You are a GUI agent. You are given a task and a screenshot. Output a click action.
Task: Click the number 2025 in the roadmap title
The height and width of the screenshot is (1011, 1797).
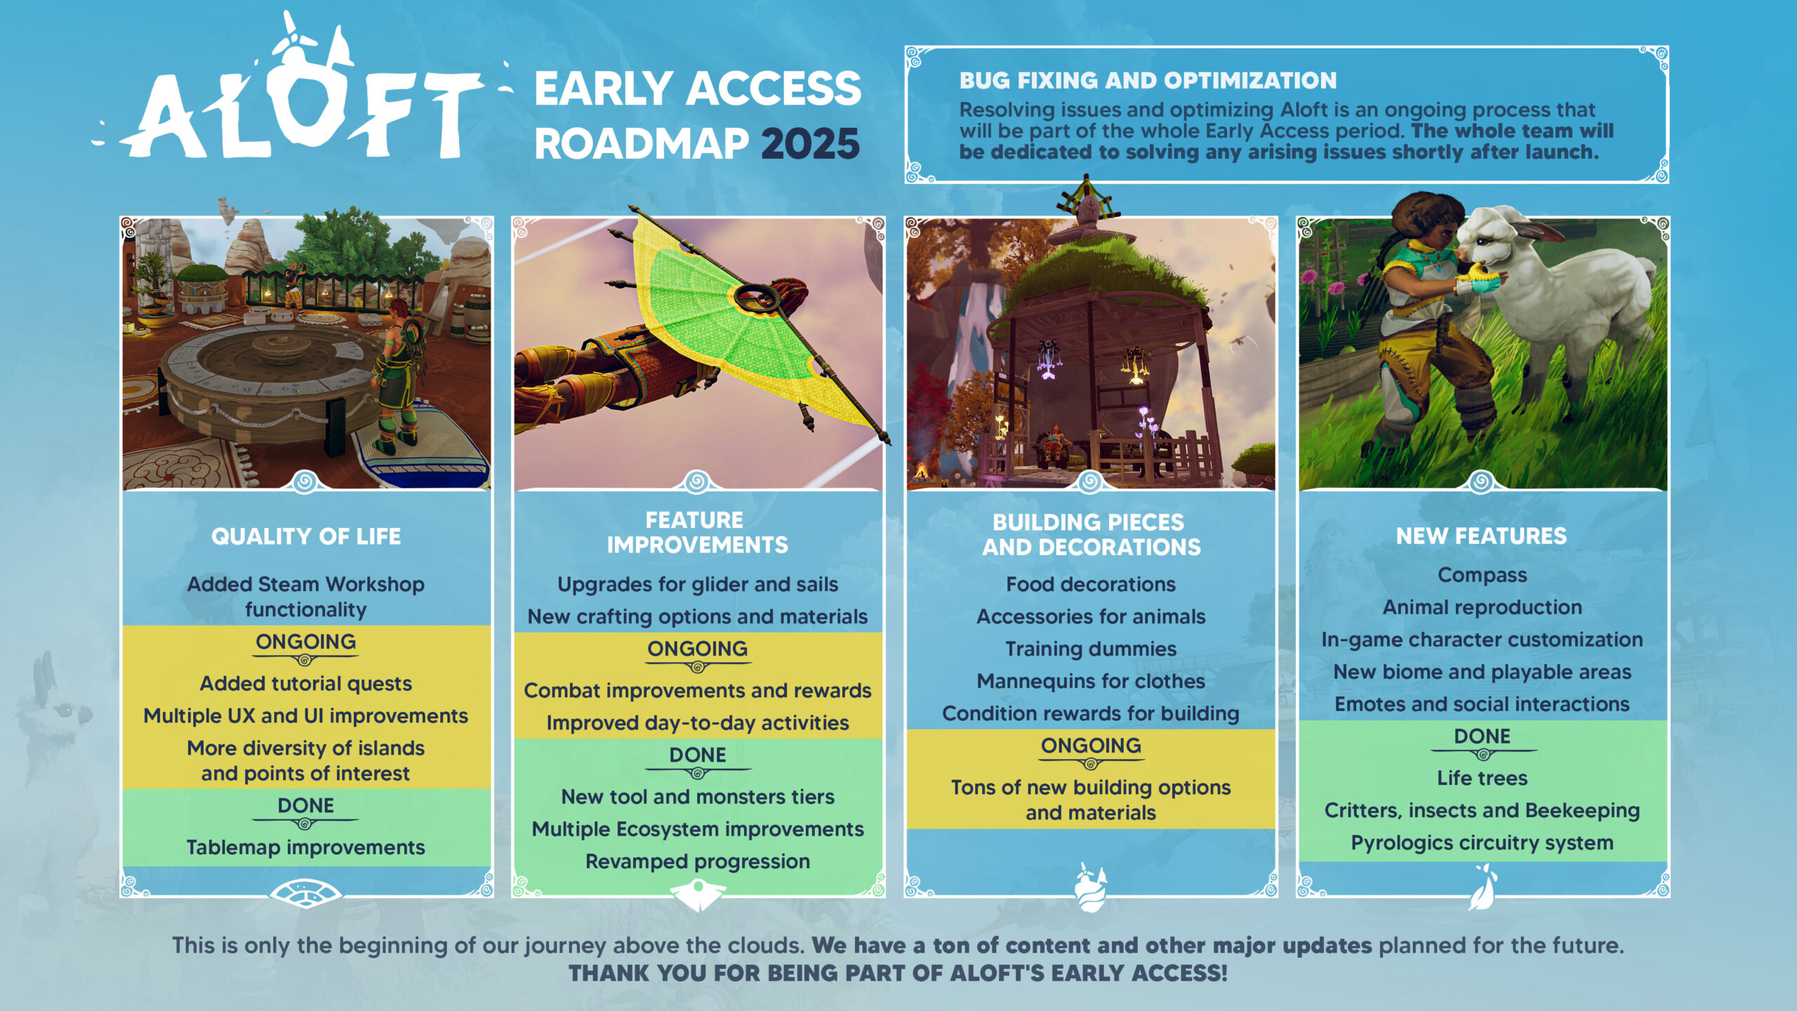pyautogui.click(x=810, y=144)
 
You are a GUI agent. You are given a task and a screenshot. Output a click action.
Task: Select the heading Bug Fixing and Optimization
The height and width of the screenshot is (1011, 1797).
pyautogui.click(x=1148, y=81)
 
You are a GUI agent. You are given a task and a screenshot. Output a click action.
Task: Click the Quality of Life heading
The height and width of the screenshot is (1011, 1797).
pyautogui.click(x=306, y=536)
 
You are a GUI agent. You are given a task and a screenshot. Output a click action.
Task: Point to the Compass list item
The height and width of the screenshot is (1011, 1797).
pyautogui.click(x=1482, y=575)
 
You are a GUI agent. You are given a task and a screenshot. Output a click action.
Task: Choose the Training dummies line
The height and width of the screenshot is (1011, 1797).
pyautogui.click(x=1091, y=649)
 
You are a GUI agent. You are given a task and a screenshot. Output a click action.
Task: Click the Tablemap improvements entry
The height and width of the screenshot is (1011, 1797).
pyautogui.click(x=306, y=847)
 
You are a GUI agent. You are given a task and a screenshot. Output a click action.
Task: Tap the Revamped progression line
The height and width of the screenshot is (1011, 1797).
pyautogui.click(x=698, y=861)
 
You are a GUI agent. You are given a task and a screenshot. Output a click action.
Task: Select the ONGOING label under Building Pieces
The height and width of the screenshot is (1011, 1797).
pyautogui.click(x=1091, y=746)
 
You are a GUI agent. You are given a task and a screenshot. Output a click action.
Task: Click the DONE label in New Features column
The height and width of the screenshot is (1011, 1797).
pyautogui.click(x=1482, y=736)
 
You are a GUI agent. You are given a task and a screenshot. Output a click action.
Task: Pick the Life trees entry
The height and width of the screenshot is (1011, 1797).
pyautogui.click(x=1482, y=778)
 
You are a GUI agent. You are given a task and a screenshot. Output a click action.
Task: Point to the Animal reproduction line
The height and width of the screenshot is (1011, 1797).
pyautogui.click(x=1482, y=607)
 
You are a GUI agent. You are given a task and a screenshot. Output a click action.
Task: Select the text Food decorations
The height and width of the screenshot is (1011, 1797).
pyautogui.click(x=1091, y=584)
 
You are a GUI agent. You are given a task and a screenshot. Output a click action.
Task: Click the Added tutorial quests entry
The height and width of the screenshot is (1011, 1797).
pyautogui.click(x=306, y=683)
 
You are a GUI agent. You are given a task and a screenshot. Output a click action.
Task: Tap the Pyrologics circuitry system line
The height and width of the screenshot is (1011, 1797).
pyautogui.click(x=1482, y=842)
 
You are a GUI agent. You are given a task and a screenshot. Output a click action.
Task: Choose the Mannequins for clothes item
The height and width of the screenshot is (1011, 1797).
pyautogui.click(x=1091, y=681)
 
